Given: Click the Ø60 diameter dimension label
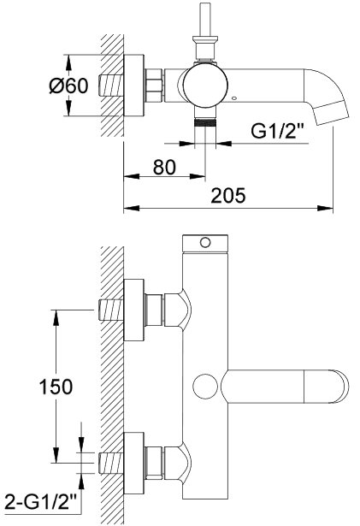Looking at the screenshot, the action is click(68, 86).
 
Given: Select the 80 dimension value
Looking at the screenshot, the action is click(164, 167).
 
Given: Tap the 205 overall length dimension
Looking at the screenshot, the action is click(228, 196).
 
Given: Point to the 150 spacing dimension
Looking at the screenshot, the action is click(56, 387).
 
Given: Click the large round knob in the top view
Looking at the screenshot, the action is click(205, 86).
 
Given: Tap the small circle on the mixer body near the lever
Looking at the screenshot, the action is click(204, 386).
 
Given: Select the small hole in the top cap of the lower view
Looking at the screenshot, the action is click(205, 243).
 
